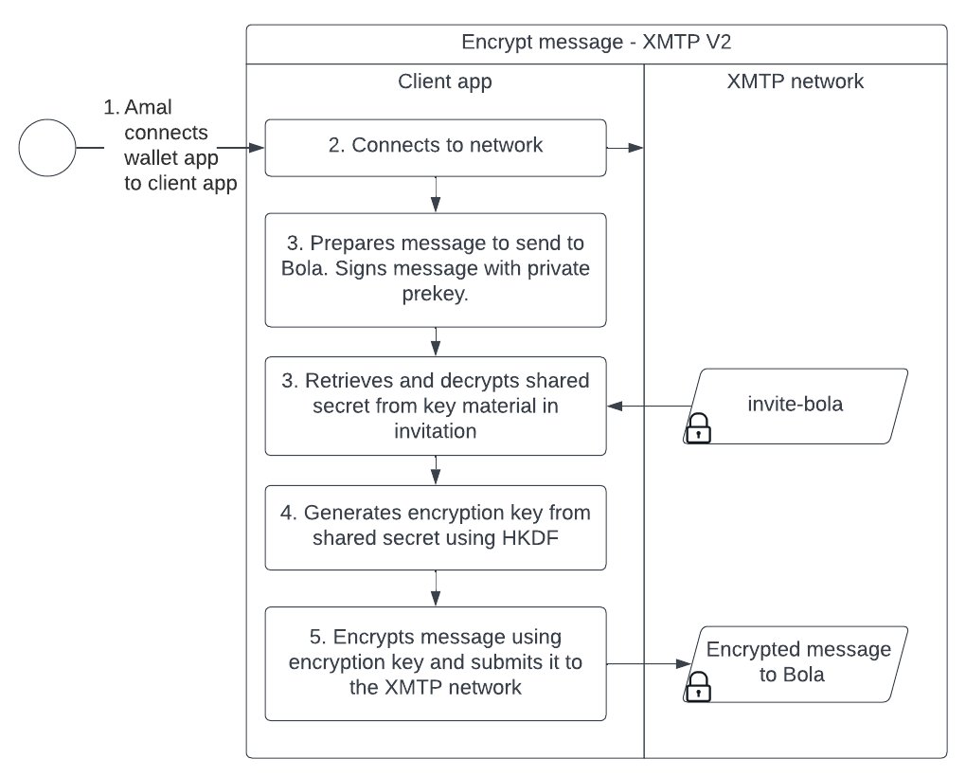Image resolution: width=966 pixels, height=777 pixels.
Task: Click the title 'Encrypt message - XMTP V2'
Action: coord(596,44)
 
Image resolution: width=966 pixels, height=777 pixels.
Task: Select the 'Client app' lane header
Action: coord(444,81)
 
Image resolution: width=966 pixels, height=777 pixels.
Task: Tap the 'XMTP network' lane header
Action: coord(795,81)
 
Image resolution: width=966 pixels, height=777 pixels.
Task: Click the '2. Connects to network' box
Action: coord(435,147)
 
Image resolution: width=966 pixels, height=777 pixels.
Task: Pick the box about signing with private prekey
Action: coord(435,269)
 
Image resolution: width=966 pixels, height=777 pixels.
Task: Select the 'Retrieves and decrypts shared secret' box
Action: coord(435,406)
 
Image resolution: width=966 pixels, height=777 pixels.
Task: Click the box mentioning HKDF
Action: coord(435,526)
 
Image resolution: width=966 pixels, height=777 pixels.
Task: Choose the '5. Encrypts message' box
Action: coord(435,663)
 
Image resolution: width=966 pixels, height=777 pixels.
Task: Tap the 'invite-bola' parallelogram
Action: coord(795,406)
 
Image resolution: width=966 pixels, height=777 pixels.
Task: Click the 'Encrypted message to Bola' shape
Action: coord(795,663)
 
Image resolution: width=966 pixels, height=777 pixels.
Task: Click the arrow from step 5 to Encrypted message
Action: coord(644,663)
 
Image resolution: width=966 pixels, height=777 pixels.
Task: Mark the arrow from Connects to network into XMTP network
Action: coord(625,147)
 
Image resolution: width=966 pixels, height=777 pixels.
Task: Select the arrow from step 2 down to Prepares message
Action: coord(435,194)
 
